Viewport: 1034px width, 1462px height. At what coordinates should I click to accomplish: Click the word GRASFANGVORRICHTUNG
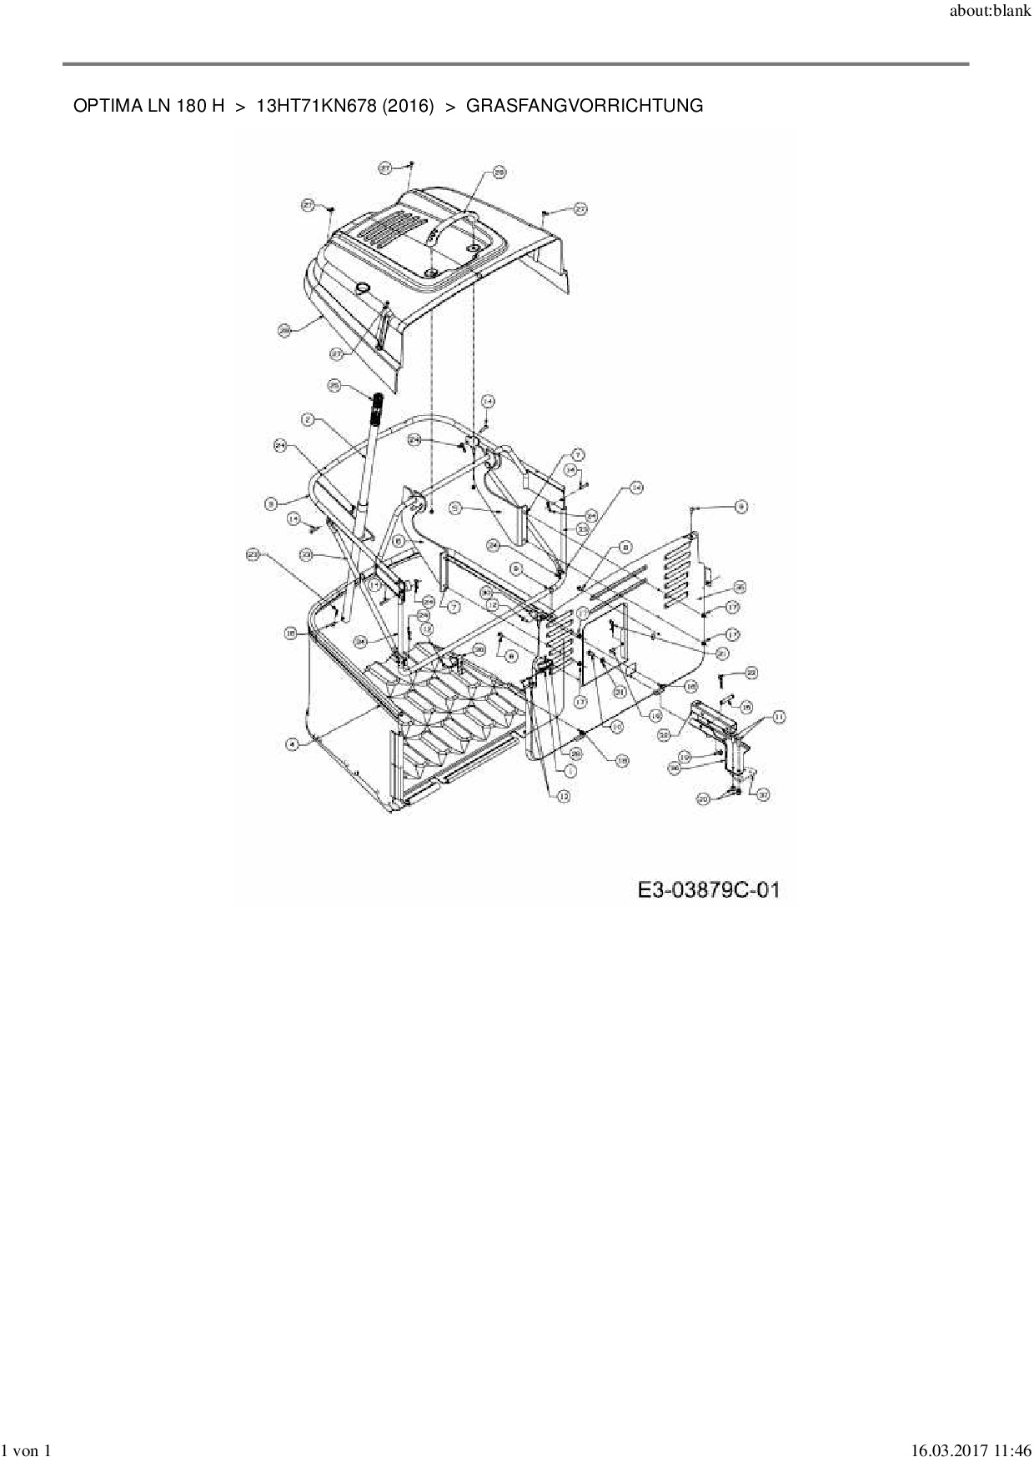click(584, 106)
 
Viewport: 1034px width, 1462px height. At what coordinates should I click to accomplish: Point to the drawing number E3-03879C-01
click(708, 890)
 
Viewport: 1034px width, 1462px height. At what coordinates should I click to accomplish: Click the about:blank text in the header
click(990, 13)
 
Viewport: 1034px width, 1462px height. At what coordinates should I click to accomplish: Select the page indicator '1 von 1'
click(27, 1451)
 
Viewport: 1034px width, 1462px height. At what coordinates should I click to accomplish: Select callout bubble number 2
click(309, 421)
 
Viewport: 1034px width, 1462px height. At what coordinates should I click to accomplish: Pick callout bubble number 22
click(750, 673)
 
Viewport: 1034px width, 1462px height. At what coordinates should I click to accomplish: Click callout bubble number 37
click(762, 795)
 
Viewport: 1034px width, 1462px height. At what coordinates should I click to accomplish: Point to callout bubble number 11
click(778, 716)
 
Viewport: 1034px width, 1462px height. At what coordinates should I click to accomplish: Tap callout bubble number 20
click(703, 799)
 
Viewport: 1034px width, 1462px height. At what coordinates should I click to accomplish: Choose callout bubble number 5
click(455, 506)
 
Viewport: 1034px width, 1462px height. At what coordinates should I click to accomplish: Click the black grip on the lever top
click(377, 411)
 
